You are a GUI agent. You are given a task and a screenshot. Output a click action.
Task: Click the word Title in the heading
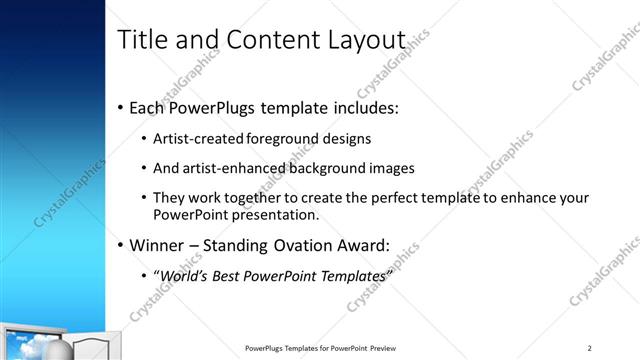143,40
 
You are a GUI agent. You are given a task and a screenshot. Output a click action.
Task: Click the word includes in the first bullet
357,106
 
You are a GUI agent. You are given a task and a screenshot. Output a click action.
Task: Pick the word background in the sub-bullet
324,168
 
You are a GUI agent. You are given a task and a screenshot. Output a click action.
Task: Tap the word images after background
389,168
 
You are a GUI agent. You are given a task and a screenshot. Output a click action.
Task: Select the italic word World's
180,274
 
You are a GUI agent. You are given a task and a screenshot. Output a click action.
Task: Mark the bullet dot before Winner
121,245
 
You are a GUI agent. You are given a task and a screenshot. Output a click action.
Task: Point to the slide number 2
589,348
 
